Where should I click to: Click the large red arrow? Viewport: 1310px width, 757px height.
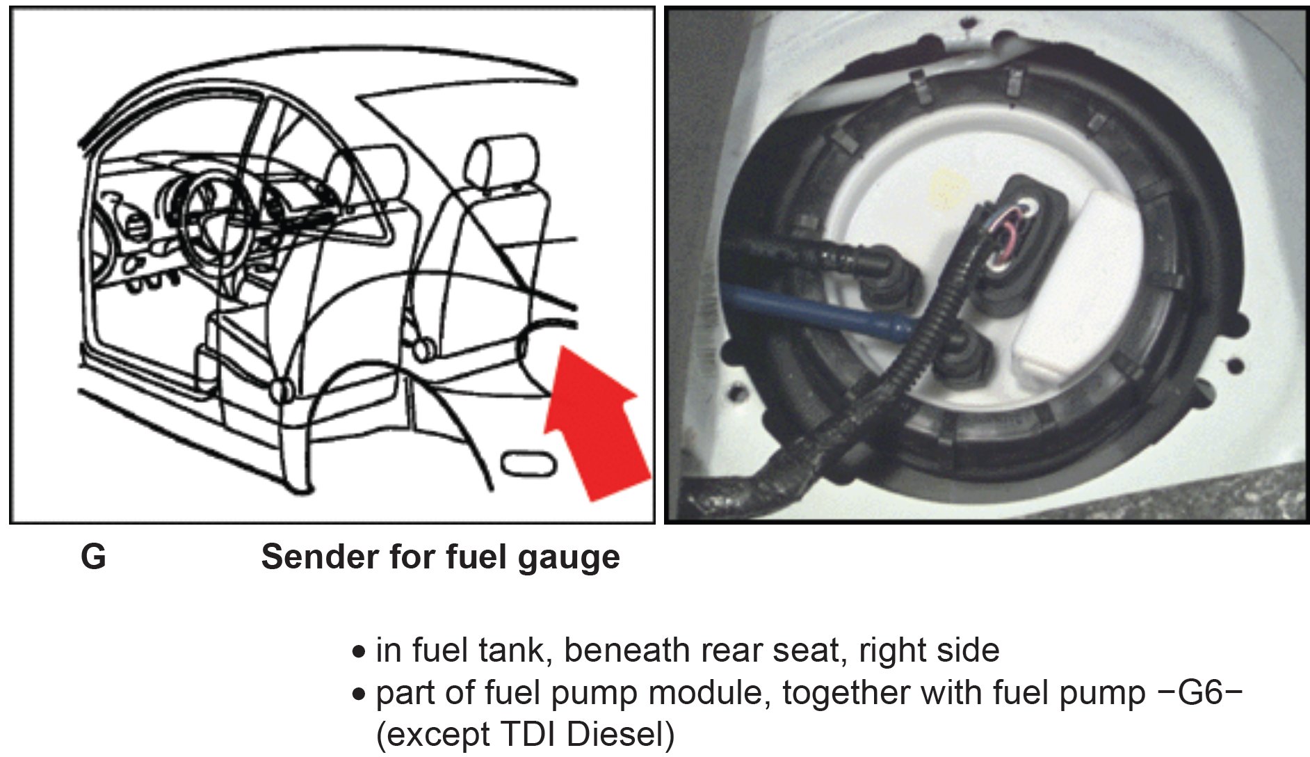tap(597, 424)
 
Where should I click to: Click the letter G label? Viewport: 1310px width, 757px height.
tap(93, 557)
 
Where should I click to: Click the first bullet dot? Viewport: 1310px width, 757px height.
tap(359, 653)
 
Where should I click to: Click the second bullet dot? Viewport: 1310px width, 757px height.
tap(359, 694)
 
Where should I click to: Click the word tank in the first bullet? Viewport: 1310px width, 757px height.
tap(515, 651)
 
